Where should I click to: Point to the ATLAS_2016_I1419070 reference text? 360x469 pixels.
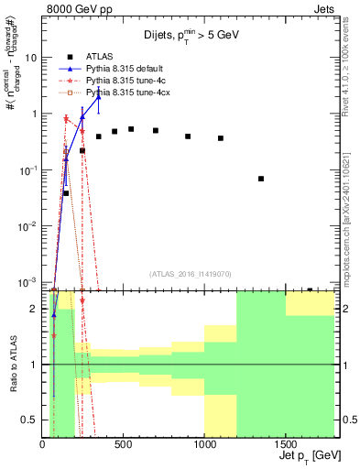(190, 273)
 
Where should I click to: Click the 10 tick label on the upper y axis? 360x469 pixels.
(30, 57)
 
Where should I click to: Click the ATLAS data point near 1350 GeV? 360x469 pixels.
(261, 179)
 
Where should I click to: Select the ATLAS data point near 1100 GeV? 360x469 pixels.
(221, 138)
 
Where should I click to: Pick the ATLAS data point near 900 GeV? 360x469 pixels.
(188, 136)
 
